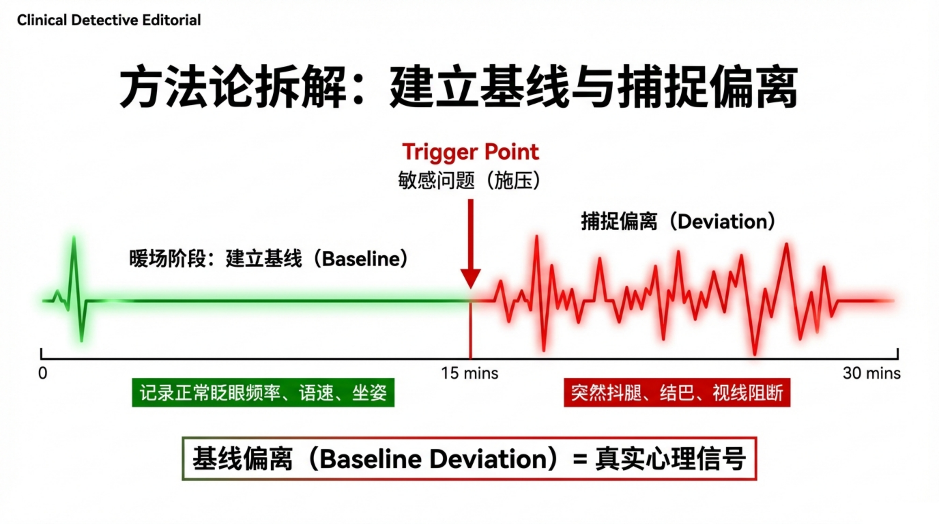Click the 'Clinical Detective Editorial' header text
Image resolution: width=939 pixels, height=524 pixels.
pos(109,20)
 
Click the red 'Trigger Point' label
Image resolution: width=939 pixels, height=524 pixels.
pos(470,152)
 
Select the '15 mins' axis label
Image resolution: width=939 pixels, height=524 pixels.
pos(470,373)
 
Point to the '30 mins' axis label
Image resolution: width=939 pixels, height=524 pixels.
pos(871,373)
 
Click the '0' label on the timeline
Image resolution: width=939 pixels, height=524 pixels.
pos(43,374)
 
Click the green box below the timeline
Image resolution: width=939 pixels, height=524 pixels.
pos(263,392)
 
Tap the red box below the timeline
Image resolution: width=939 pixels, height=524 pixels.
pos(677,392)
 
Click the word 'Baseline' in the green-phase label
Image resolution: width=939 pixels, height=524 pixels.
pos(361,259)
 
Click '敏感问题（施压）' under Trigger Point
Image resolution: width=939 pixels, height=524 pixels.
pos(470,180)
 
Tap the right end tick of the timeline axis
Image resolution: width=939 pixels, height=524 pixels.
pos(897,353)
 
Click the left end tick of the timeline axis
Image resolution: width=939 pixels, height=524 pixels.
pos(41,353)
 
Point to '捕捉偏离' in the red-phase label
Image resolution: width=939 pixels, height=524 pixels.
pos(619,221)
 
